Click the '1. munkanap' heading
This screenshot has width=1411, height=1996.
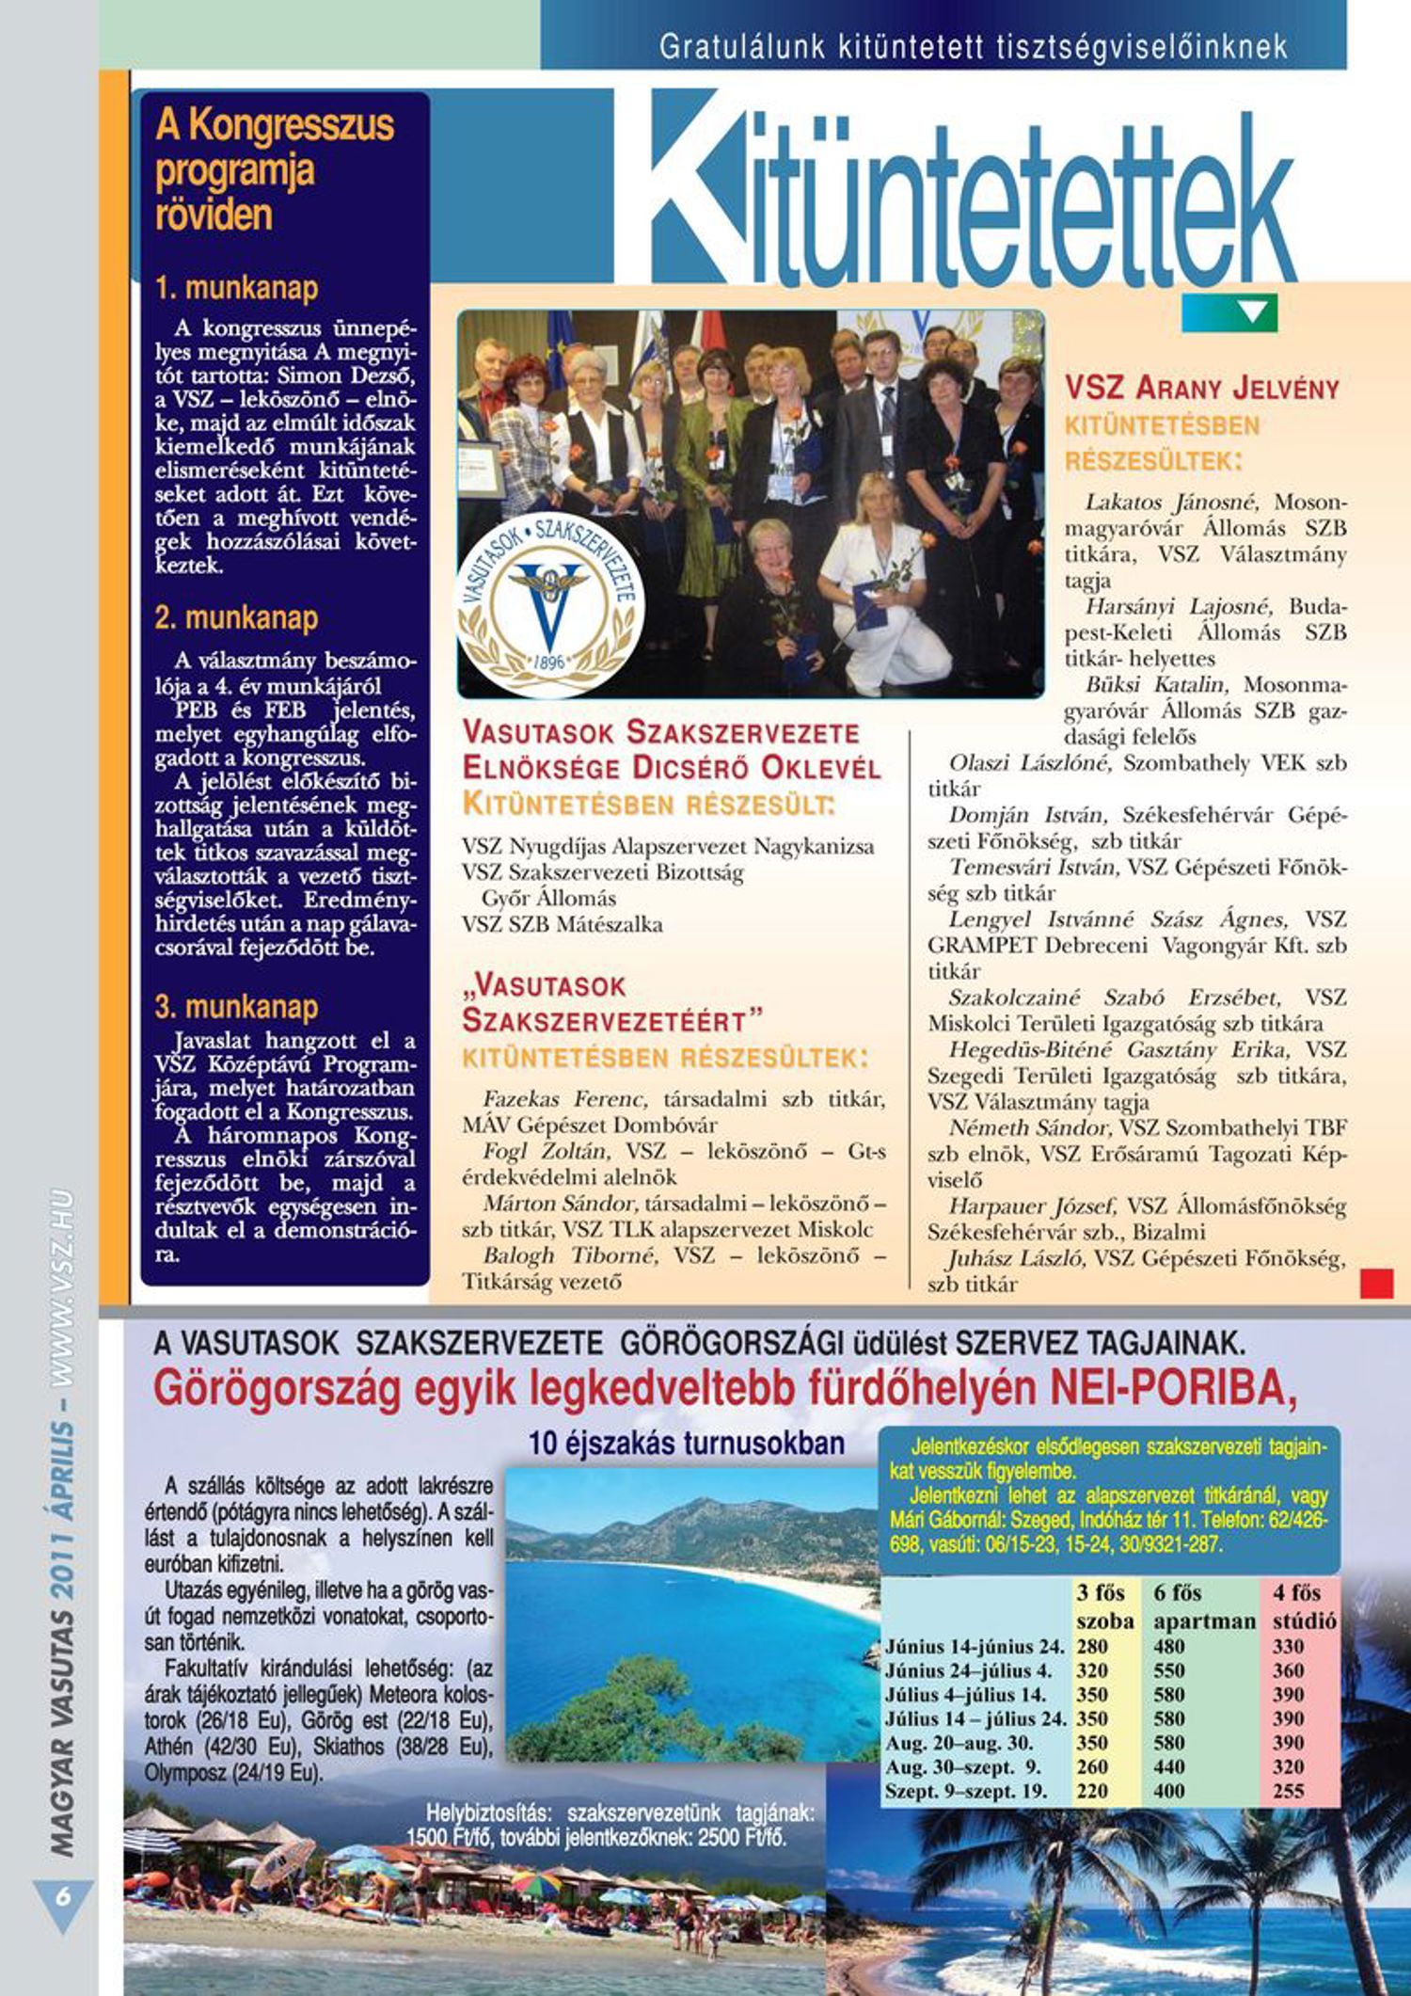(237, 288)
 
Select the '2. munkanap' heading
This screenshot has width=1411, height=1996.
(237, 618)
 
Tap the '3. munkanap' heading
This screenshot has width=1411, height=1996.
(237, 1007)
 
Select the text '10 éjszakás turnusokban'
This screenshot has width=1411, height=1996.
(687, 1444)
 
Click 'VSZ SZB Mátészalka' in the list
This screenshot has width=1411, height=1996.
(562, 924)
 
